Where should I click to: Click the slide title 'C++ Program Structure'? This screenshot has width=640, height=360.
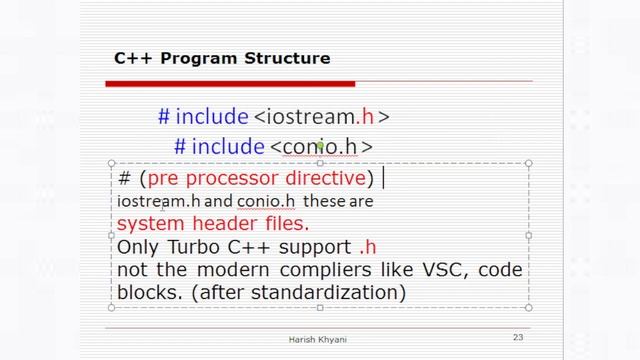point(221,58)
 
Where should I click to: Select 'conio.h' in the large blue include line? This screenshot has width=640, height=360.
point(320,147)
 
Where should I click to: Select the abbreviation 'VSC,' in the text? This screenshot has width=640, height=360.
point(441,270)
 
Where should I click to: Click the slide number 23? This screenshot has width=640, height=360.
point(517,338)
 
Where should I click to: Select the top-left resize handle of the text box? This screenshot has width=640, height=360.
point(110,163)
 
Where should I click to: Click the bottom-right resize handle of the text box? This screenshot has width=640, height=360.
point(529,308)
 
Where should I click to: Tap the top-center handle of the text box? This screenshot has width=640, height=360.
point(320,163)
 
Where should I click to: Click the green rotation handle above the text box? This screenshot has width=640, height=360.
point(320,146)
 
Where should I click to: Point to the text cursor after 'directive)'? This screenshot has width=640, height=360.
point(384,179)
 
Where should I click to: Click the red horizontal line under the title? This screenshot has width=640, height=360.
point(320,81)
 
